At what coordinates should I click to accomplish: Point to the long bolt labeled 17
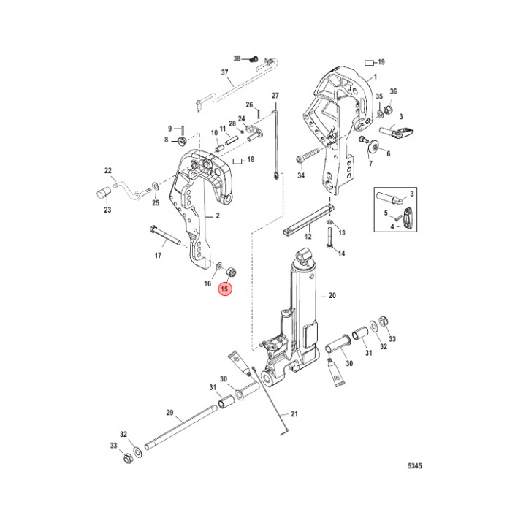coord(167,235)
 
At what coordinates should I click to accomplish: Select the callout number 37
coord(225,72)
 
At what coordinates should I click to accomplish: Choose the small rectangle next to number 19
coord(370,62)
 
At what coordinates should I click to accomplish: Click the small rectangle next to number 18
coord(237,159)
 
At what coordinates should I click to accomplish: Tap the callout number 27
coord(275,96)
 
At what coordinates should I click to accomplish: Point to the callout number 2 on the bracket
coord(217,216)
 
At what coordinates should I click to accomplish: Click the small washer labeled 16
coord(221,264)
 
